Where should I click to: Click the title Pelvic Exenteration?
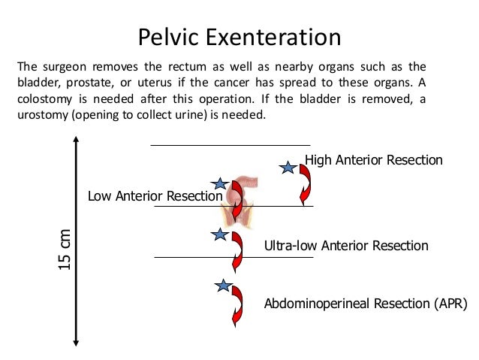240,37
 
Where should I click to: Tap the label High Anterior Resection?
373,159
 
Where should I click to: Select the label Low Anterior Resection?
155,196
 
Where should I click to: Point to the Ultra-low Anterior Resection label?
346,246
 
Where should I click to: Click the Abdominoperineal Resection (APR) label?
366,304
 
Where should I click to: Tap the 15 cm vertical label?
65,249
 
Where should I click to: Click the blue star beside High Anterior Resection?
287,168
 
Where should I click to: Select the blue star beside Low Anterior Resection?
219,183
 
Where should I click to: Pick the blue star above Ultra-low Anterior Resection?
219,235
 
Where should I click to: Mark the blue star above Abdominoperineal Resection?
222,286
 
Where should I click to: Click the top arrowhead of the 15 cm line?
77,142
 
